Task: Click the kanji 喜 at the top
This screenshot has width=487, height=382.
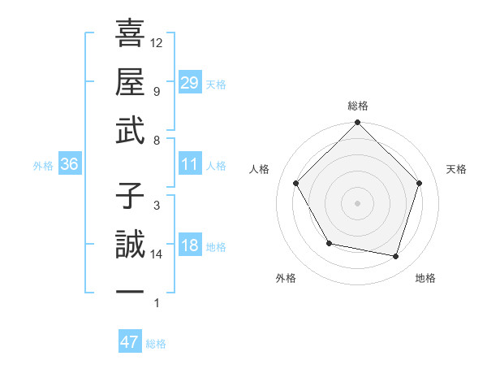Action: tap(130, 35)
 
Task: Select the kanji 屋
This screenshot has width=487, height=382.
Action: tap(130, 83)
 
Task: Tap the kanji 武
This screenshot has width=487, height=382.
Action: tap(130, 131)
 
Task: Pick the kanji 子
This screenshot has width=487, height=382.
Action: tap(130, 198)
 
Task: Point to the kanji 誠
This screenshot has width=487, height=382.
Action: tap(130, 245)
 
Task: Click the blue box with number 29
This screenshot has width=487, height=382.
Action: tap(189, 83)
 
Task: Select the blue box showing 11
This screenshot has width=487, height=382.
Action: tap(189, 164)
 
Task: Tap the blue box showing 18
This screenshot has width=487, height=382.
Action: tap(189, 245)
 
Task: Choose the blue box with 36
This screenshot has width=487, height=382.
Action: tap(70, 164)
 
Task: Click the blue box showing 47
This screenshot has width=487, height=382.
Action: tap(130, 342)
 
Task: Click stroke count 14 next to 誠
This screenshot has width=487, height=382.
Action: tap(157, 254)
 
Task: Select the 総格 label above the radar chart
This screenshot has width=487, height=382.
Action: tap(357, 106)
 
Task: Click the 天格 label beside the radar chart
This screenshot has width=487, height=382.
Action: tap(457, 169)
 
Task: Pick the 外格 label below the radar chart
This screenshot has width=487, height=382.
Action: tap(286, 278)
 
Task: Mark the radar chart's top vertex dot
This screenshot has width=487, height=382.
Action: tap(357, 124)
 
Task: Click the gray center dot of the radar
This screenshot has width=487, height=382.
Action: tap(357, 202)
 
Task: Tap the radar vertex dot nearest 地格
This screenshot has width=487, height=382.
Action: tap(396, 256)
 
